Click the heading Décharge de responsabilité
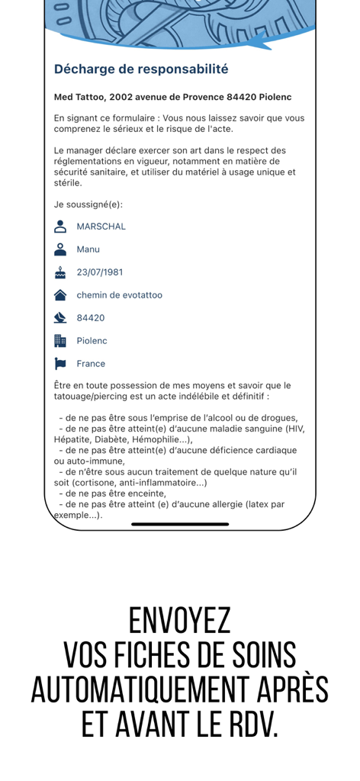(141, 69)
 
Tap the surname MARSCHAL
(101, 227)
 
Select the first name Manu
(88, 249)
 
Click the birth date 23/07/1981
(100, 272)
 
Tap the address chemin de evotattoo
(119, 295)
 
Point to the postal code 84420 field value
(91, 318)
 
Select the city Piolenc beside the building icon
(92, 341)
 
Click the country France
(92, 364)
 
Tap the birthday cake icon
(60, 272)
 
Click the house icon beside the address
(60, 295)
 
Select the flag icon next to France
(60, 364)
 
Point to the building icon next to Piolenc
(60, 341)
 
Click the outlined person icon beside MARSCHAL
(60, 227)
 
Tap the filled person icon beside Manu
(60, 249)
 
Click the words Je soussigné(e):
(88, 204)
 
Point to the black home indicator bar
(180, 524)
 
